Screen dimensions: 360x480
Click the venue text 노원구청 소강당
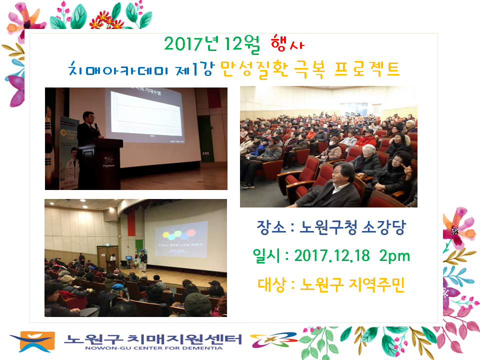coord(352,228)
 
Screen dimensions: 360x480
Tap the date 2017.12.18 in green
coord(332,256)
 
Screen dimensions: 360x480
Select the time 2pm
coord(394,256)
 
